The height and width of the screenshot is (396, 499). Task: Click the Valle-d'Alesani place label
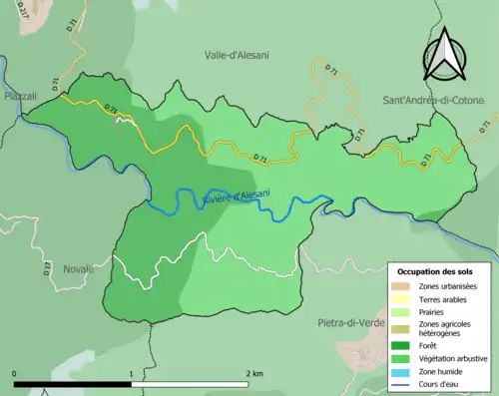[238, 56]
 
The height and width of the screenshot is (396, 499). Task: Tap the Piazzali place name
[20, 96]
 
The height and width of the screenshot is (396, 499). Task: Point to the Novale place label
[78, 269]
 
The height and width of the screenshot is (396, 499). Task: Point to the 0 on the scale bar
[14, 373]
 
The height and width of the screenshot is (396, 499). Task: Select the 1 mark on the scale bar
[131, 373]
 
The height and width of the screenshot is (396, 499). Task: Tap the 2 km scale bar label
[253, 373]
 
